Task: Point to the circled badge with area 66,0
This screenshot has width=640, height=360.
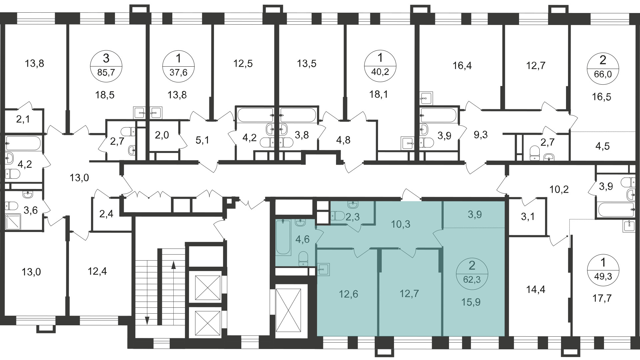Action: (603, 67)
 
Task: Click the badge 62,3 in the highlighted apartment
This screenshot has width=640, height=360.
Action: (472, 273)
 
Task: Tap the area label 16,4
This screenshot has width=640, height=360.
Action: (462, 66)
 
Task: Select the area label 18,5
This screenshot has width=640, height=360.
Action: (105, 95)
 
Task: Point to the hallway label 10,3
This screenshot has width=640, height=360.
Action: (401, 224)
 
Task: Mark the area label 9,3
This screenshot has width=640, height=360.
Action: (480, 135)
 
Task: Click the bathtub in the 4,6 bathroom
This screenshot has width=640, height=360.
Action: (283, 237)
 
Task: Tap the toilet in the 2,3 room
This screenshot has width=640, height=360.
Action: (338, 216)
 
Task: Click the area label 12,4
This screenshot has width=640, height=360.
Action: (97, 271)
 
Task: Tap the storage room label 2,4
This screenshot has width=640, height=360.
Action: (106, 214)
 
